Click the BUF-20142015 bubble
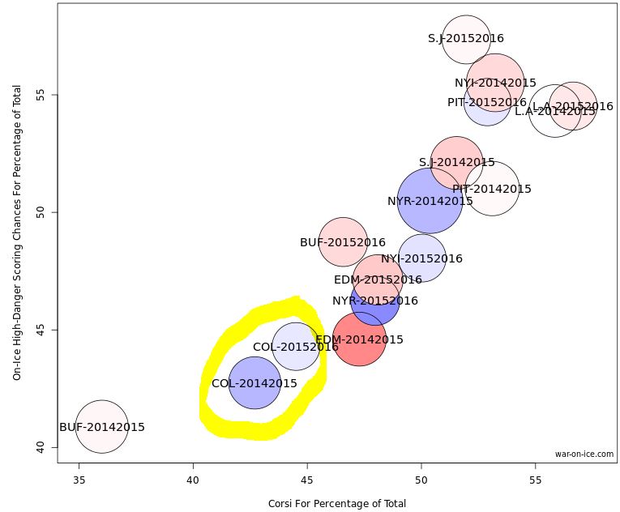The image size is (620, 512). coord(102,426)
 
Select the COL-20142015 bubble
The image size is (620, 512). coord(254,383)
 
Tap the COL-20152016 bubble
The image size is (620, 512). coord(295,347)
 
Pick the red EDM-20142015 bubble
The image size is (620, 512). coord(359,339)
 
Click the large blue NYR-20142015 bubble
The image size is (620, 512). coord(430,200)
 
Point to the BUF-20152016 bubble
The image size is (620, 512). coord(343,242)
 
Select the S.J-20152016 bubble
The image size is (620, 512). coord(466,38)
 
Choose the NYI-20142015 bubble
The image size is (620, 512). coord(495,83)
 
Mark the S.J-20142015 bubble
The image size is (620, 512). coord(456,162)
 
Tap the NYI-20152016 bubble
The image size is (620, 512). coord(421,258)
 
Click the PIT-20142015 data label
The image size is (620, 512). coord(492,189)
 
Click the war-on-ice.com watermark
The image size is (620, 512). coord(584,454)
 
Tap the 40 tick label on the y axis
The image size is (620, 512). coord(42,447)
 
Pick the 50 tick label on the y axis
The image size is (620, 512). coord(42,212)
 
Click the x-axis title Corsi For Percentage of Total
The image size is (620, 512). coord(336,503)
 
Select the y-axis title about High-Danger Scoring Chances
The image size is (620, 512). coord(16,235)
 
